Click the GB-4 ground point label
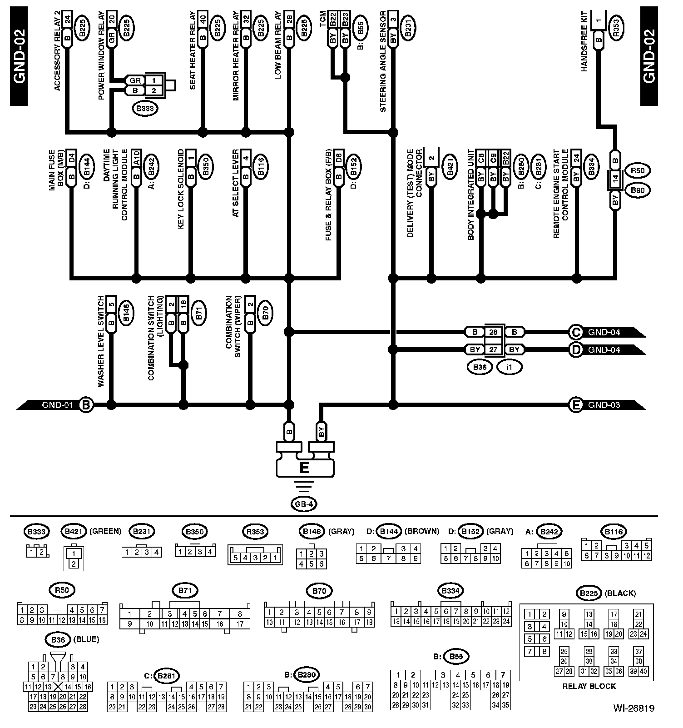pos(304,504)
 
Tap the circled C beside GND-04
pos(576,332)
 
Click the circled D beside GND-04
pos(576,349)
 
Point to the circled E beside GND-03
pos(576,405)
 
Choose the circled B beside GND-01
pos(86,405)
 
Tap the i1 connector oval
pos(509,367)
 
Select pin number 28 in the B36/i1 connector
pos(493,332)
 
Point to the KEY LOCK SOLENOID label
pos(181,189)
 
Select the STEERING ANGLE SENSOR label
pos(383,61)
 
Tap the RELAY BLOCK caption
pos(589,686)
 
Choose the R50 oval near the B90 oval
pos(638,171)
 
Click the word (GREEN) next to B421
pos(105,531)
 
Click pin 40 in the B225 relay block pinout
pos(643,671)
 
